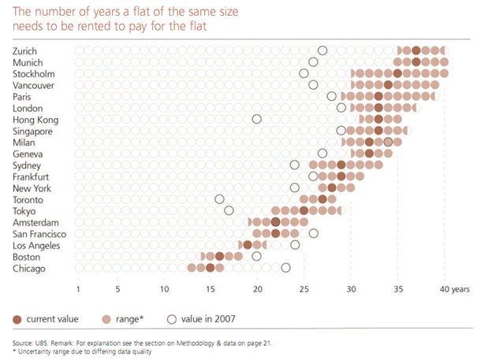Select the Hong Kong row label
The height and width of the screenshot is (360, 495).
[33, 119]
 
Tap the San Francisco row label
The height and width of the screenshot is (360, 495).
[39, 234]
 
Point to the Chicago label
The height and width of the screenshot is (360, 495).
[28, 269]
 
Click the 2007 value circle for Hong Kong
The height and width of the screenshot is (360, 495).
[257, 119]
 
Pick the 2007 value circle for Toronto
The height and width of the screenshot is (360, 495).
[220, 199]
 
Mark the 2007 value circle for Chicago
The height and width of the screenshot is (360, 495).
[285, 269]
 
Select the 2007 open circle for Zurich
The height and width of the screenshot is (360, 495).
[322, 50]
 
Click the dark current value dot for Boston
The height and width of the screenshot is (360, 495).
[220, 256]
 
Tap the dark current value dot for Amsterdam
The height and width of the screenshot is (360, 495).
[276, 222]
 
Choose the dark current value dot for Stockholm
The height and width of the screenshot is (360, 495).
[397, 73]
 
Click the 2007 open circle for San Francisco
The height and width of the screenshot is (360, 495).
[313, 234]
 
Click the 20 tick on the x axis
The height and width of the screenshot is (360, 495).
[257, 289]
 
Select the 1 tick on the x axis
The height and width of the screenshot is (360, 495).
[79, 289]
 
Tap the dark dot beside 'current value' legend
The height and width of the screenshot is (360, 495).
[17, 318]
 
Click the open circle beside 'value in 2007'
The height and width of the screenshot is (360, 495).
[172, 318]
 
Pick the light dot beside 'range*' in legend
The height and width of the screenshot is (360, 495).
[106, 318]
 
